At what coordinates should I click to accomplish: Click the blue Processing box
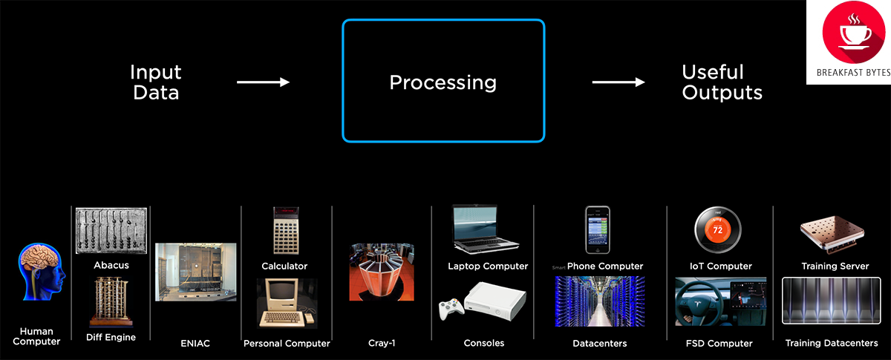[x=443, y=80]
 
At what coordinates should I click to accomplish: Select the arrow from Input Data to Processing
[x=263, y=82]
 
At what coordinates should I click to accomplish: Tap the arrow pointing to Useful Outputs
[x=618, y=82]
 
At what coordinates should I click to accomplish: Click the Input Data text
[x=155, y=82]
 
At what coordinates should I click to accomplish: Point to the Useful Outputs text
[x=722, y=82]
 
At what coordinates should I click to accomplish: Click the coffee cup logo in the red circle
[x=848, y=33]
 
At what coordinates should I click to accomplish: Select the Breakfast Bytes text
[x=848, y=74]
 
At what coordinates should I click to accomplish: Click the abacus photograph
[x=111, y=230]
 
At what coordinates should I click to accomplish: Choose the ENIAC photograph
[x=195, y=272]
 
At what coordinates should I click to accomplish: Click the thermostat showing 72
[x=718, y=230]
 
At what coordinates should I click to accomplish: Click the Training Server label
[x=835, y=266]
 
